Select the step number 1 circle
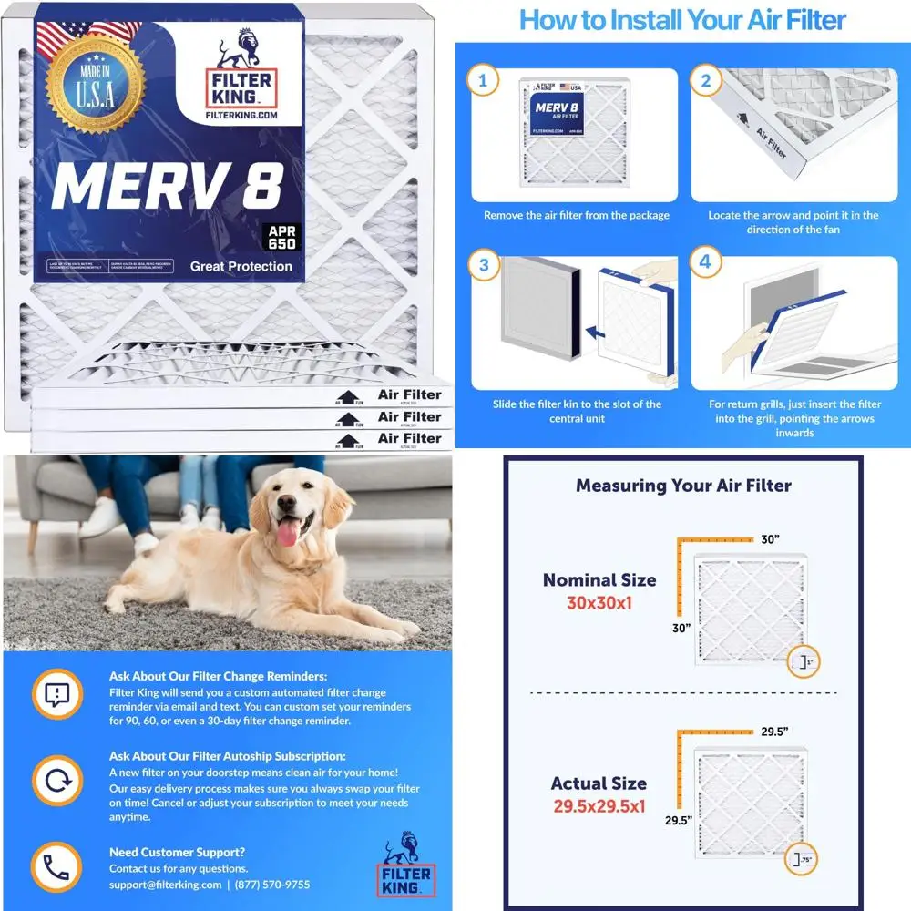point(483,81)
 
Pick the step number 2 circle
point(704,81)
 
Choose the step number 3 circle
point(483,267)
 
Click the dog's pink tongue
point(289,531)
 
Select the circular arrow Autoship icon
point(56,781)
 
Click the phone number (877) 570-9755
point(272,885)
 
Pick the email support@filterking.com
point(165,885)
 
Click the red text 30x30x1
point(599,602)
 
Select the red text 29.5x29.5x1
point(599,805)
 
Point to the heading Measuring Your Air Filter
point(682,486)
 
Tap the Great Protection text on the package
point(241,266)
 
